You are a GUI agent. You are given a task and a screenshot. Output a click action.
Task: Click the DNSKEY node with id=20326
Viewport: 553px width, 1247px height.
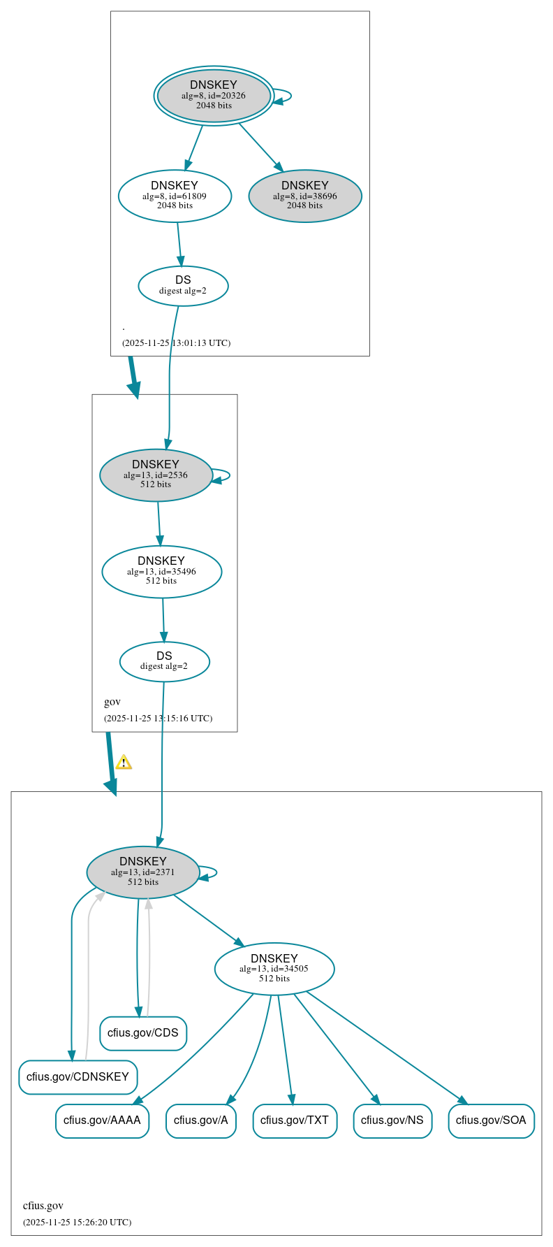click(214, 95)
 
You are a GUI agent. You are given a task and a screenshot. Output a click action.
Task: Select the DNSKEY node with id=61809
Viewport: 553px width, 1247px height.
click(175, 196)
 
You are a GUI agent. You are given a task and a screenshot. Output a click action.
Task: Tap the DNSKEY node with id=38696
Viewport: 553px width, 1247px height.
click(305, 196)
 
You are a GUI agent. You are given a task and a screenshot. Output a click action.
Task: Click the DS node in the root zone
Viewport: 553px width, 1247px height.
click(183, 285)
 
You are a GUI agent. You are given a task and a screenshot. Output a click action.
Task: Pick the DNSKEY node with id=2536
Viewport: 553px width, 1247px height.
click(156, 475)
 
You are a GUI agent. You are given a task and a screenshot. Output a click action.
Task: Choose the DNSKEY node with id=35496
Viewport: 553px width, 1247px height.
click(161, 571)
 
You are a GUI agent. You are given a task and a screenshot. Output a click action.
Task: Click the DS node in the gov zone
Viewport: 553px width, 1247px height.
click(164, 661)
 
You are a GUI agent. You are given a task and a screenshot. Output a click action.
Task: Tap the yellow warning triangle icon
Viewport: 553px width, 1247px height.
click(124, 762)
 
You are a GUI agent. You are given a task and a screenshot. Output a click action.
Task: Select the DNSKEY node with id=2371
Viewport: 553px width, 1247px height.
click(143, 872)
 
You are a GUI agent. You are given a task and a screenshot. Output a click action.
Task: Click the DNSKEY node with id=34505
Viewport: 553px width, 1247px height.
click(274, 968)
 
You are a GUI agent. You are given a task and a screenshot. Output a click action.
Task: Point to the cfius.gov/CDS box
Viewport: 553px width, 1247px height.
click(143, 1033)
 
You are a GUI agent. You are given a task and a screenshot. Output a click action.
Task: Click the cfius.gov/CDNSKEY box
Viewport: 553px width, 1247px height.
click(78, 1076)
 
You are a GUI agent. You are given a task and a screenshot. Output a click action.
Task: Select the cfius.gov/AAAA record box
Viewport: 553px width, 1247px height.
click(102, 1120)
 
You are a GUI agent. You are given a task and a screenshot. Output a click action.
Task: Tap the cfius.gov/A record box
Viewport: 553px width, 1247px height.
click(201, 1120)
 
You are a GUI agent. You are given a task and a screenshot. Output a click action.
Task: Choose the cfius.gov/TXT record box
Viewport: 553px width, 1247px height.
click(295, 1120)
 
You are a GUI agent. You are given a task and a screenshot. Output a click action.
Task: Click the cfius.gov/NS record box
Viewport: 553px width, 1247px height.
click(392, 1120)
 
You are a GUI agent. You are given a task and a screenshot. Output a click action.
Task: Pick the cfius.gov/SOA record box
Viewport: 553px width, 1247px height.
click(491, 1120)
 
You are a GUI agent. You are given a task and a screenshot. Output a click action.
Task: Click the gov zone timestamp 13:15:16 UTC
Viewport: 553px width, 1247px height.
click(158, 718)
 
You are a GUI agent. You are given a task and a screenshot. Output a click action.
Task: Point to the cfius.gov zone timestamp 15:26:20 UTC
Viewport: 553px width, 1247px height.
click(77, 1222)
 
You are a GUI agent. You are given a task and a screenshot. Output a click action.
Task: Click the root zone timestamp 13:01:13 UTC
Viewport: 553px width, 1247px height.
click(176, 343)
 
